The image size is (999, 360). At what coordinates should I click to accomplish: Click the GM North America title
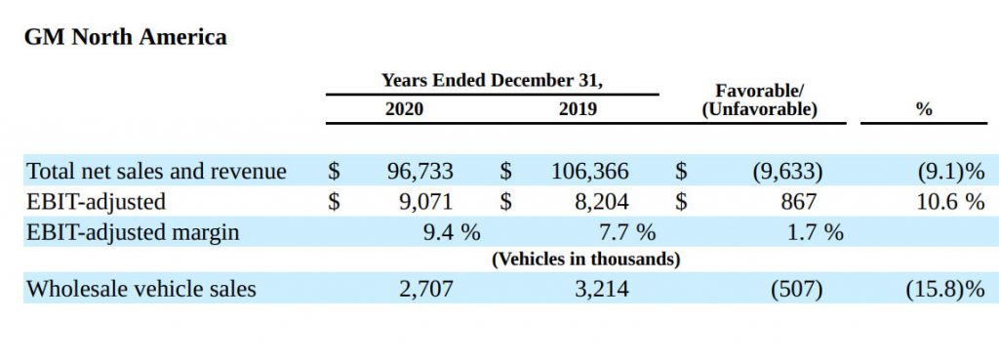pos(126,37)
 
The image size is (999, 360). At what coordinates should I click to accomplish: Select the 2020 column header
pos(404,109)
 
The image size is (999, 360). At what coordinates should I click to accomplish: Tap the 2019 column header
pos(578,109)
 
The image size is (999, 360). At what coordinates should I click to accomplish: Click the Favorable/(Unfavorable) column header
pos(759,100)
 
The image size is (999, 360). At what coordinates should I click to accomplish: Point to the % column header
pos(924,109)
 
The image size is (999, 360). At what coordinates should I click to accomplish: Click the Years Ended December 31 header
pos(492,80)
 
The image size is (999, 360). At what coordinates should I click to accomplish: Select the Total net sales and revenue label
pos(156,172)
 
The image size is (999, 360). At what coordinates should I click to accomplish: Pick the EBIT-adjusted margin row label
pos(133,232)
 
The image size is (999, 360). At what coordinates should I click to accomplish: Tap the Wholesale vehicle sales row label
pos(141,289)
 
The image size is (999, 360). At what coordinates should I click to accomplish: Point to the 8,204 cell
pos(597,202)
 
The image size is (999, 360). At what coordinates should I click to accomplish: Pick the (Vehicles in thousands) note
pos(585,260)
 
